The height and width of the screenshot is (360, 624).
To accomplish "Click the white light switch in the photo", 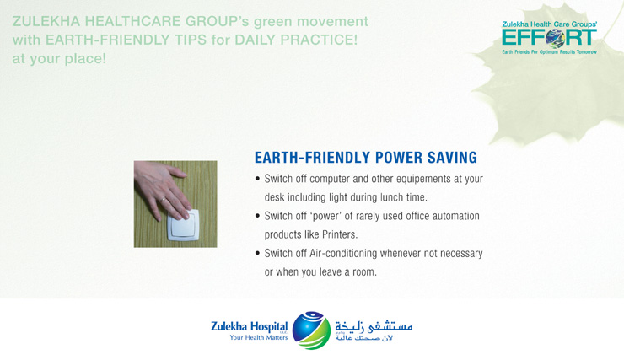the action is point(183,225).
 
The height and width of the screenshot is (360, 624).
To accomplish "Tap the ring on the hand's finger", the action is point(163,200).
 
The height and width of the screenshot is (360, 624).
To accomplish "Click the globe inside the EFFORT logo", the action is point(555,38).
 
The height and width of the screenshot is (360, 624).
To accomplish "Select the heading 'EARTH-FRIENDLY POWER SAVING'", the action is point(366,158).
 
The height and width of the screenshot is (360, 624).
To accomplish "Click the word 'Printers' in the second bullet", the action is point(340,234).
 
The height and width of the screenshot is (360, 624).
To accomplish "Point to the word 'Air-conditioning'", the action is point(343,254).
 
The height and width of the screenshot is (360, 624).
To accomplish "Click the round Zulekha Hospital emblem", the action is point(311,330).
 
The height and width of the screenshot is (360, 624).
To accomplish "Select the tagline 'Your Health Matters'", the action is point(258,337).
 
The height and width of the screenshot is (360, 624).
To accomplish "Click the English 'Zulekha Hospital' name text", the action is point(249,326).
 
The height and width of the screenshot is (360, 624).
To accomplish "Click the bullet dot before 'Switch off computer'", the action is point(257,179).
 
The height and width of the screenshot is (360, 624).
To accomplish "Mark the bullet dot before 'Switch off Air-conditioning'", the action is point(257,254).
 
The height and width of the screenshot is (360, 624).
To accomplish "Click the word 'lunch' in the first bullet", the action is point(391,197).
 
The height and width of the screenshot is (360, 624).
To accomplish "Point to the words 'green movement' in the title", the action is point(311,21).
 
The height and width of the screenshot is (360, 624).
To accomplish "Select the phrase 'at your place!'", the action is point(59,59).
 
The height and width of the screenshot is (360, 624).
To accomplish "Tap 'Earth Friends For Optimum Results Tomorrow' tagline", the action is point(549,52).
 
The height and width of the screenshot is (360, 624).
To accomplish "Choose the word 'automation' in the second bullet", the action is point(455,216).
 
